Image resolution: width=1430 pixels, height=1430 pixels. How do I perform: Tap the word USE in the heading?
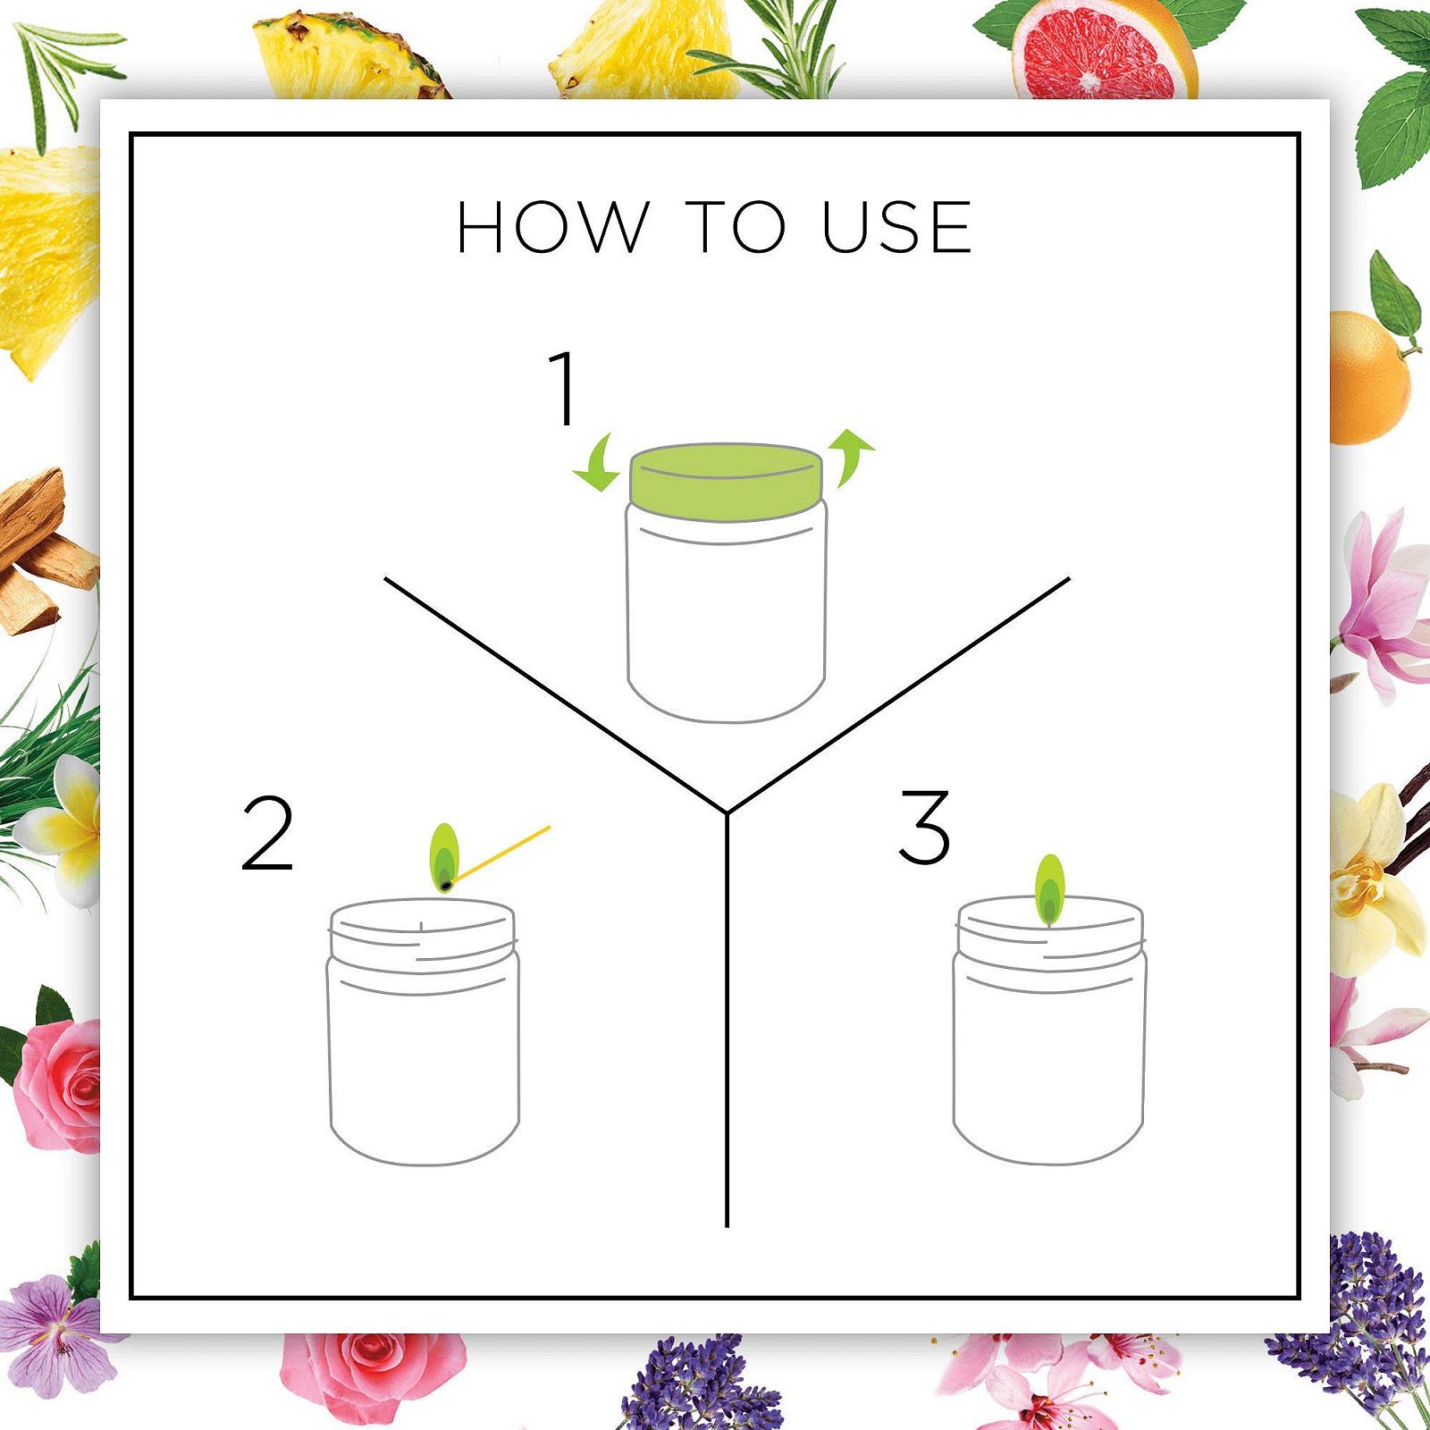(x=896, y=227)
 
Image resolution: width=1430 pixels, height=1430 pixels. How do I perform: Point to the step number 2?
(x=267, y=833)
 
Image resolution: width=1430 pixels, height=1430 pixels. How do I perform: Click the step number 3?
(x=924, y=827)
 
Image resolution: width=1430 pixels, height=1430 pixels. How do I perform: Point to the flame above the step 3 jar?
(x=1050, y=890)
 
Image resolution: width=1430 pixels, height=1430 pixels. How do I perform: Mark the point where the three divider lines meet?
(x=728, y=813)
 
